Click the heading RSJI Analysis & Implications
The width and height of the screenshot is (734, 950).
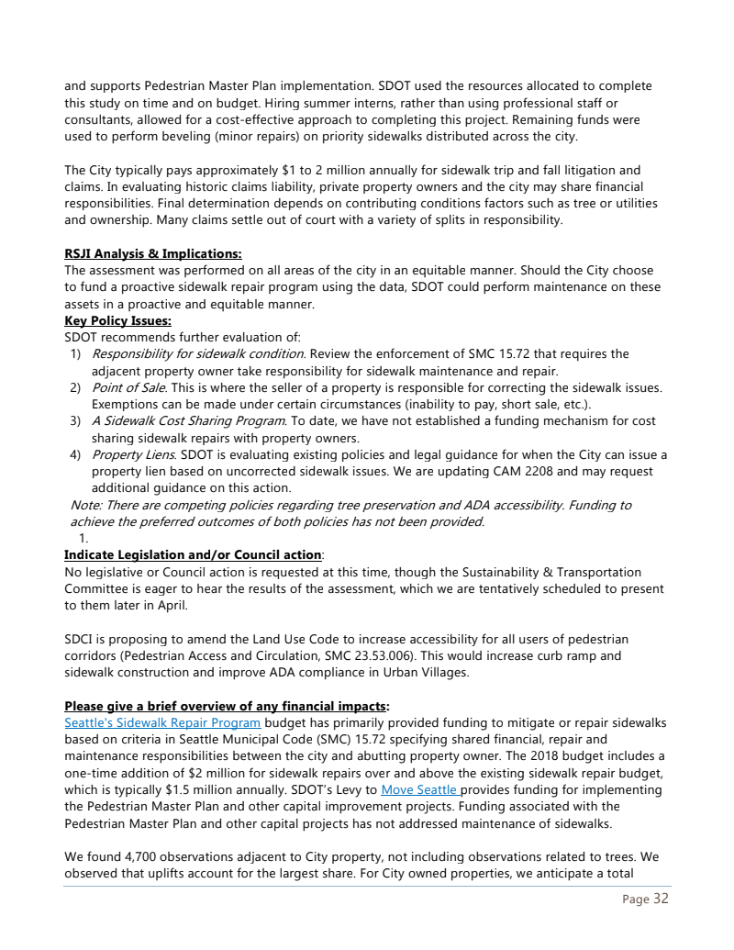click(152, 254)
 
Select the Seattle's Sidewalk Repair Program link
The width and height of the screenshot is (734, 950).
click(162, 722)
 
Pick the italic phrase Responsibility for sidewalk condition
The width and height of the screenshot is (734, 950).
click(197, 354)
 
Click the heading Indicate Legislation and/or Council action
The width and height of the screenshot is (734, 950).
click(193, 554)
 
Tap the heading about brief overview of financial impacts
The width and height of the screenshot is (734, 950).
click(227, 706)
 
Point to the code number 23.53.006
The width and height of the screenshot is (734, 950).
click(428, 654)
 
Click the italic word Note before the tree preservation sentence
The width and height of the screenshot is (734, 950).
click(85, 505)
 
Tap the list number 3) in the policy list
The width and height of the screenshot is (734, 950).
click(76, 421)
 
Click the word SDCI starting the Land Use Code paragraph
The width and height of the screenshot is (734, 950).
click(80, 638)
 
